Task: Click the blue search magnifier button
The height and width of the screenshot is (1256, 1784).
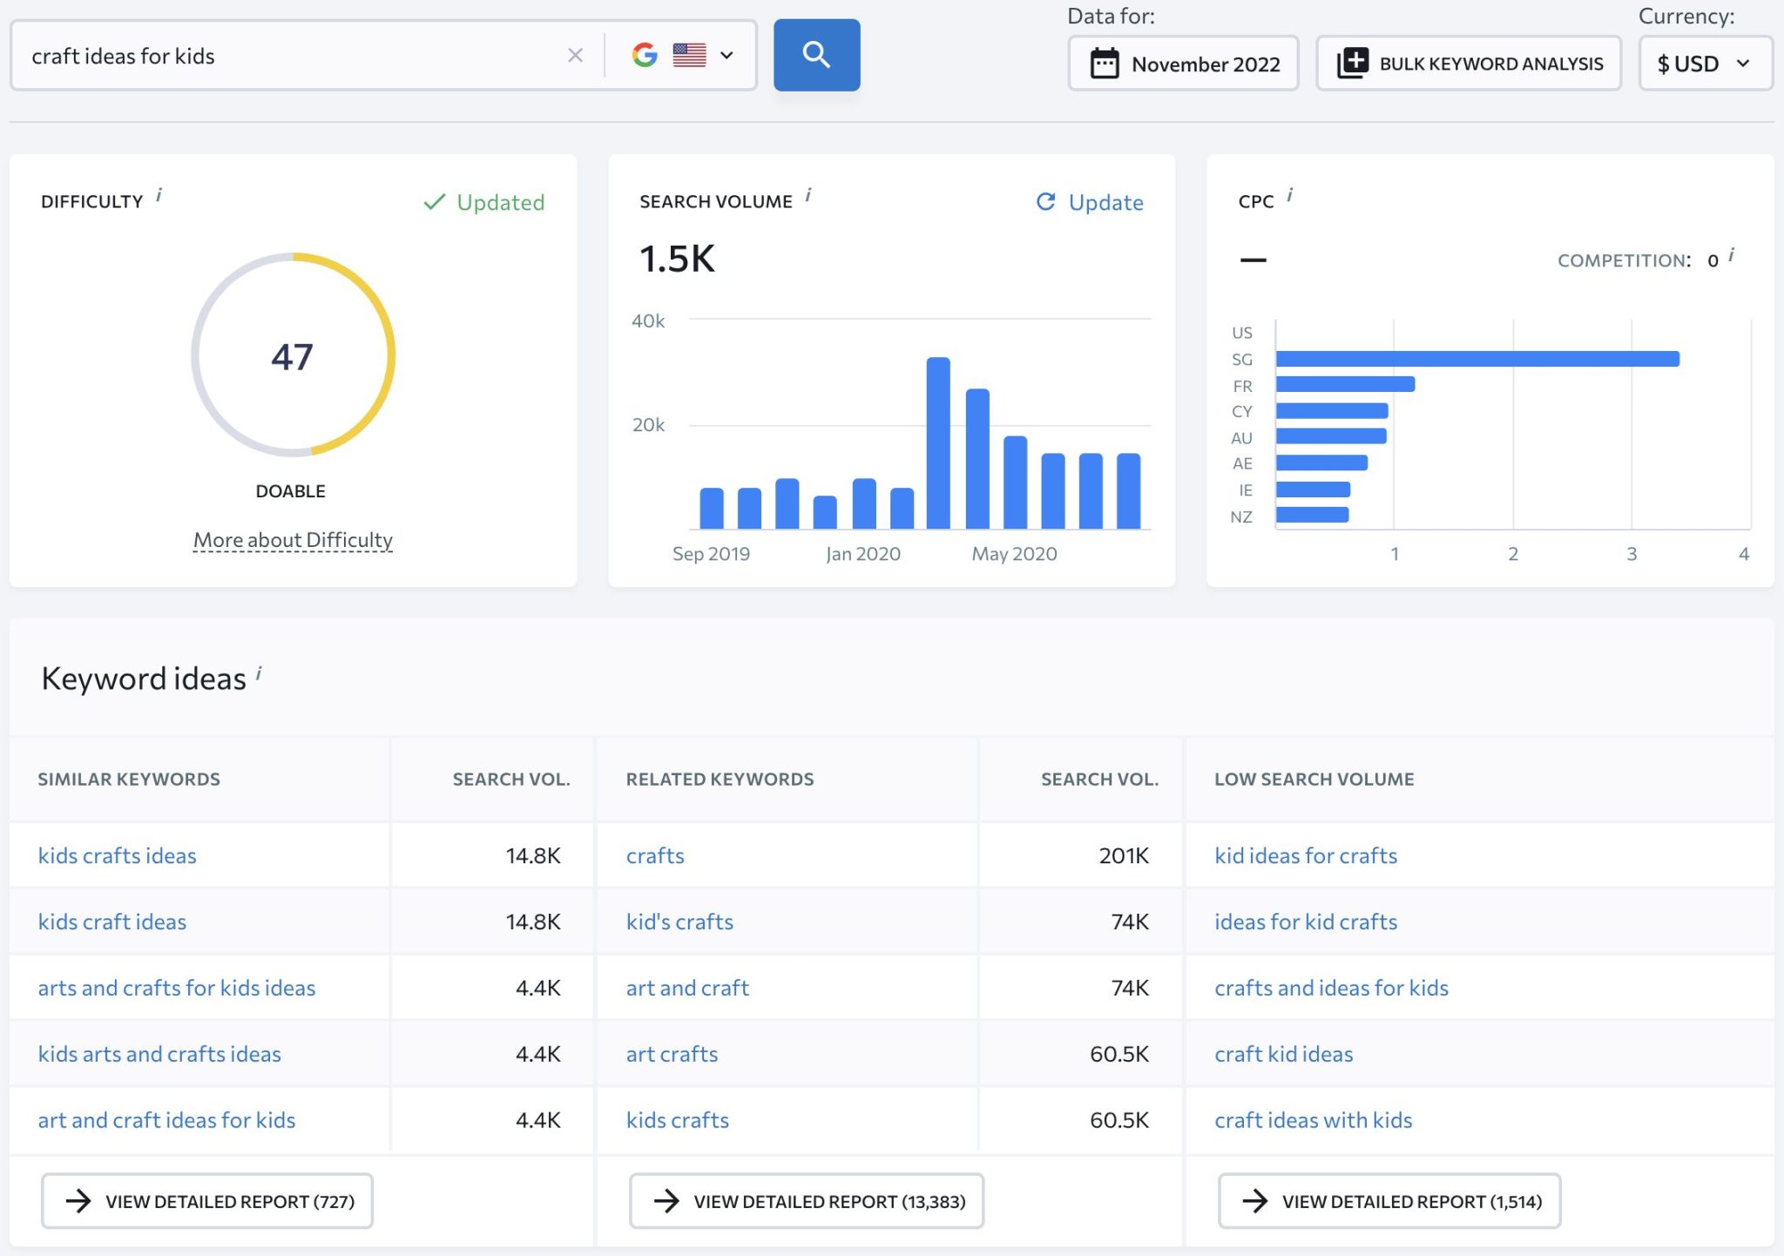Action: click(x=816, y=55)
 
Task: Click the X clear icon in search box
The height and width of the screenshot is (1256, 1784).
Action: click(x=575, y=56)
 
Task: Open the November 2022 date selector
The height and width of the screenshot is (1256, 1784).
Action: click(x=1183, y=64)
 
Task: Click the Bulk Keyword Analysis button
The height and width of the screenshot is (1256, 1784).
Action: click(x=1469, y=64)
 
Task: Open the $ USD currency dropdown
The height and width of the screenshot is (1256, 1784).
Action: click(x=1704, y=64)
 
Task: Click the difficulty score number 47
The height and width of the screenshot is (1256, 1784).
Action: click(x=292, y=356)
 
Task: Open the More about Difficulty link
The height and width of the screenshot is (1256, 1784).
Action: click(x=293, y=540)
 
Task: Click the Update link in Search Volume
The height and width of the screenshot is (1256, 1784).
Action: click(x=1090, y=202)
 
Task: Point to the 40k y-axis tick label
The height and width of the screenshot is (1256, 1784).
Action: click(x=648, y=321)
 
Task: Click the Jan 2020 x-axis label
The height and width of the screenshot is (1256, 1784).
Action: click(x=862, y=554)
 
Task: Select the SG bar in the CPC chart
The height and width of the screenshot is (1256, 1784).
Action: click(x=1477, y=359)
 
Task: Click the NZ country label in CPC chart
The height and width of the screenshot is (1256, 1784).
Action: click(x=1241, y=517)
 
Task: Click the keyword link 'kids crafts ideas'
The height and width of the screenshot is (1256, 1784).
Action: click(x=117, y=855)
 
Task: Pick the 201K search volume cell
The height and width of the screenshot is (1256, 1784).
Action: click(x=1123, y=855)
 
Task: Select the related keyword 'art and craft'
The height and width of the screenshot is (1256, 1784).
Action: click(x=687, y=988)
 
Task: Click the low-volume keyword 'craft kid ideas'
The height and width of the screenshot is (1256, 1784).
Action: click(x=1283, y=1054)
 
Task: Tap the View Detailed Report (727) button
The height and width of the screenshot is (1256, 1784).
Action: click(x=207, y=1201)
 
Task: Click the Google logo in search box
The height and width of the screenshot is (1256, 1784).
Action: click(x=645, y=56)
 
